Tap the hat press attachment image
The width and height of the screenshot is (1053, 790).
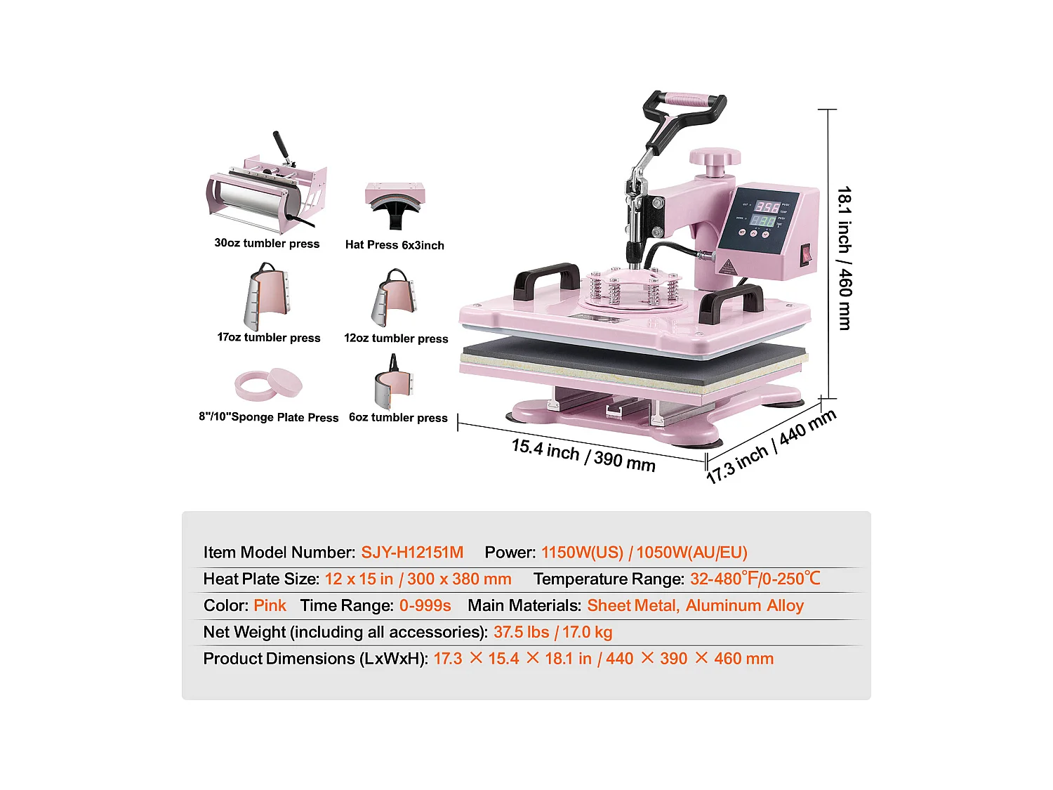click(395, 203)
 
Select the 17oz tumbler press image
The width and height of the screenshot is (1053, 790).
click(266, 297)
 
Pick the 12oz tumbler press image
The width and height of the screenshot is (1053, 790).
click(394, 298)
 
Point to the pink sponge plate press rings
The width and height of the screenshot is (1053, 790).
click(269, 384)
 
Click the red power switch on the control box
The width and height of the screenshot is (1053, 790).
click(806, 254)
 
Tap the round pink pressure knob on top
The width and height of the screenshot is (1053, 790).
click(714, 159)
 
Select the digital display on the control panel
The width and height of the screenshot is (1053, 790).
click(766, 213)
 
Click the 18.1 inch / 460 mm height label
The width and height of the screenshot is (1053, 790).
click(845, 258)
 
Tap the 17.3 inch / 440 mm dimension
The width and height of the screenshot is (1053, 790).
click(771, 446)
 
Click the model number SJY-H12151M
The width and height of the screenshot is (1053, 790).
click(412, 553)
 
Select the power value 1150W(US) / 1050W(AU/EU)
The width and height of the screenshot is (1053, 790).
click(644, 553)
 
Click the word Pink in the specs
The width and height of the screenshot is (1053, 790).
click(270, 605)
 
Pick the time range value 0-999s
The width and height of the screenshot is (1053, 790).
click(425, 605)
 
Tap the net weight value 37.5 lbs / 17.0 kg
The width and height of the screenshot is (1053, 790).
click(552, 632)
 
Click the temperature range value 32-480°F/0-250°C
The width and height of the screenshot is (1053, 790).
click(755, 579)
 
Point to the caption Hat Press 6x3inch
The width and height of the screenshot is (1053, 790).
click(395, 245)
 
